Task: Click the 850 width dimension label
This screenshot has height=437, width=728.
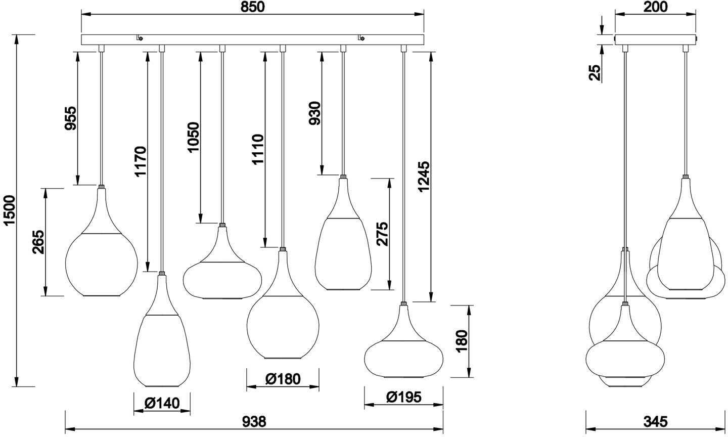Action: click(x=252, y=7)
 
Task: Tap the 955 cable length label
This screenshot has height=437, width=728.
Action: click(x=70, y=118)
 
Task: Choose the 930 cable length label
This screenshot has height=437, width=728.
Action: click(x=314, y=116)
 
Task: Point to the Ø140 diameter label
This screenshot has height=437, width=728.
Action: click(x=162, y=403)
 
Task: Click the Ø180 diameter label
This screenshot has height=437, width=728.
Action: click(x=283, y=379)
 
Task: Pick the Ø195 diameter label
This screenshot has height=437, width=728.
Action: click(x=403, y=397)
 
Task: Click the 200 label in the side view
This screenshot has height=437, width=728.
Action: click(x=656, y=7)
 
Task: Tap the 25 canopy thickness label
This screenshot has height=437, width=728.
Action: click(x=596, y=72)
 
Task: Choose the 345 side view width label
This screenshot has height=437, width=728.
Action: click(x=656, y=421)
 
